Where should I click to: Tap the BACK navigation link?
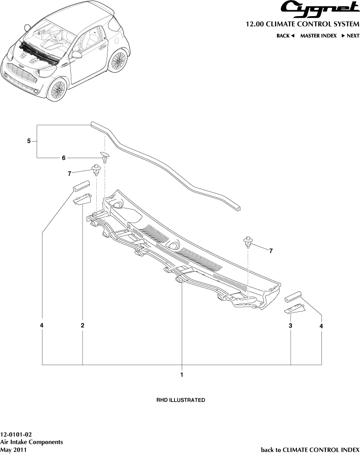coord(285,36)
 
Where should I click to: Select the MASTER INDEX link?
coord(318,36)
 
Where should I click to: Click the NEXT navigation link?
coord(350,36)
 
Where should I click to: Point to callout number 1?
coord(182,375)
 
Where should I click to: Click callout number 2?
coord(83,325)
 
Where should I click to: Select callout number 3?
coord(291,325)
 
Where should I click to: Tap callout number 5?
coord(29,141)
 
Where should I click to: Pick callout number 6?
coord(63,158)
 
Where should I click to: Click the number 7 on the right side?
coord(271,250)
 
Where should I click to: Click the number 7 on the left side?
coord(70,173)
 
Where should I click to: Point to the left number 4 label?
coord(42,325)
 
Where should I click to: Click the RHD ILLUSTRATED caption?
coord(180,400)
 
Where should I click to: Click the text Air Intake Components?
coord(31,442)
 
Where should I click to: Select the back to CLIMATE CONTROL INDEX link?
coord(310,450)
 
